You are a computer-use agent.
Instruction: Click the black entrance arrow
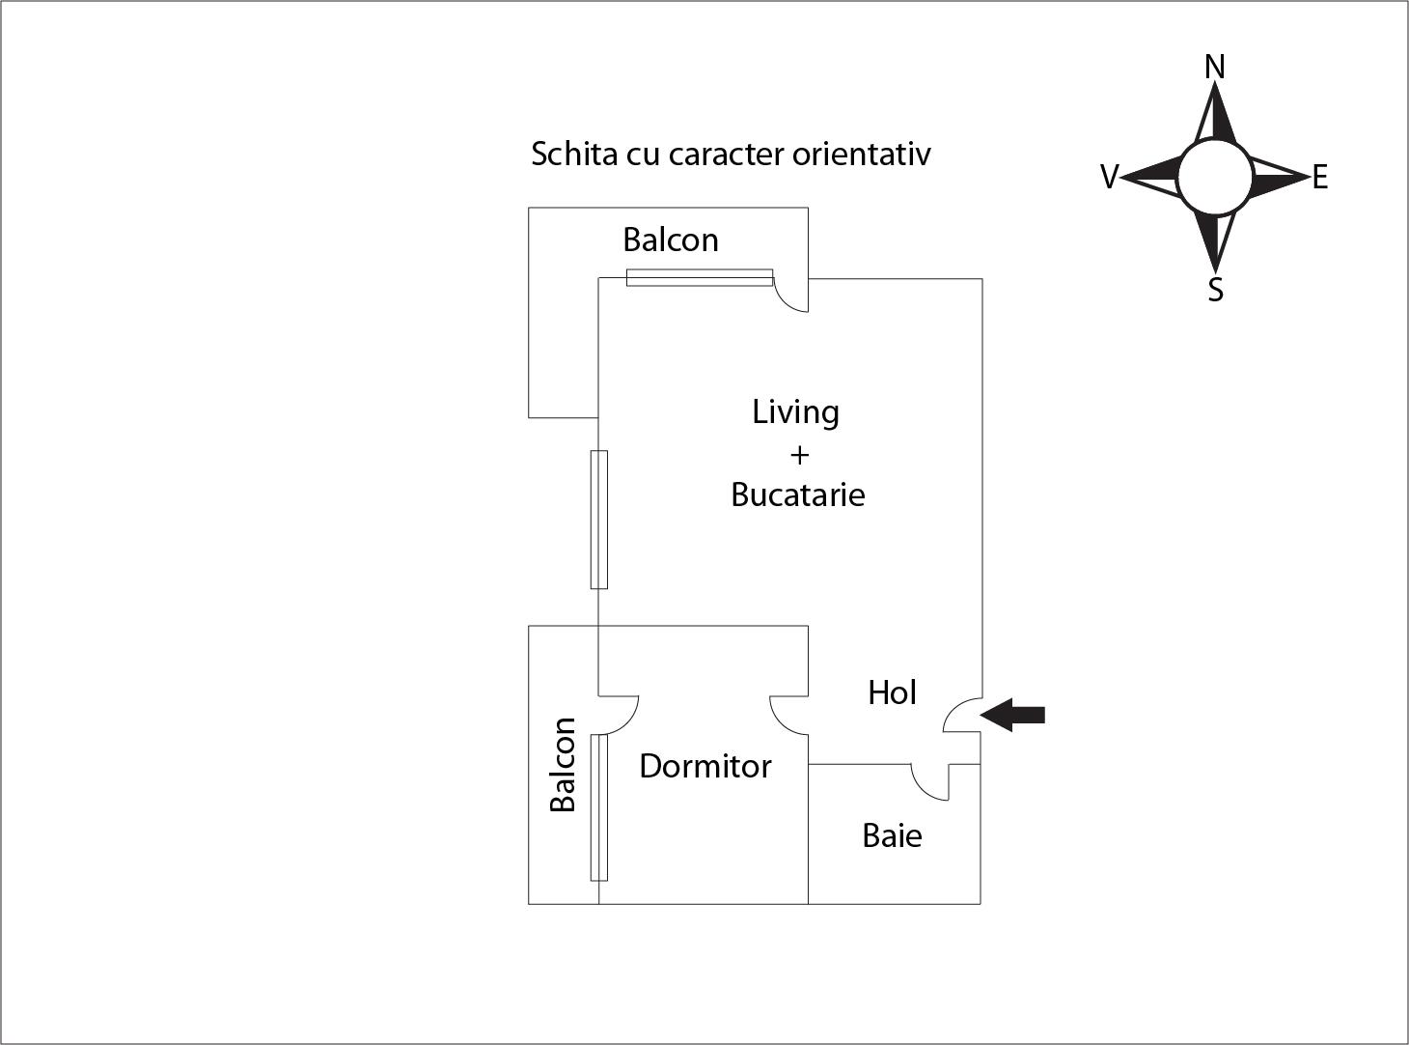coord(1013,715)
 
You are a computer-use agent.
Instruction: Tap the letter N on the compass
coord(1215,67)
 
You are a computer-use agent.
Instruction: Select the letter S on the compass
coord(1216,289)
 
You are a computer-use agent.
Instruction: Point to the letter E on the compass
coord(1319,178)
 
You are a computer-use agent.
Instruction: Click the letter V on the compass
coord(1109,178)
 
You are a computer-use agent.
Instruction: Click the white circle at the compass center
coord(1215,177)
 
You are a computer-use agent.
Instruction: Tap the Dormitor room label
coord(705,767)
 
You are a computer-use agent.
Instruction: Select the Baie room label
coord(892,835)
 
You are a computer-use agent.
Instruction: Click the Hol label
coord(892,692)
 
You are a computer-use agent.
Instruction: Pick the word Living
coord(796,412)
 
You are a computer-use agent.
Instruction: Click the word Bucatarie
coord(798,494)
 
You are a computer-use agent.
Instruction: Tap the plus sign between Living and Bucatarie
coord(799,454)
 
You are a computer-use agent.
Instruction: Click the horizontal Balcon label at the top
coord(671,240)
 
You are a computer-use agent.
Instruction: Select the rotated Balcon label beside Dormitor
coord(563,764)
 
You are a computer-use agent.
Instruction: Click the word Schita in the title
coord(574,154)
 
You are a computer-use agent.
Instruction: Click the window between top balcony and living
coord(700,278)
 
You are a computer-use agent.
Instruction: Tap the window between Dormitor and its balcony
coord(599,807)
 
